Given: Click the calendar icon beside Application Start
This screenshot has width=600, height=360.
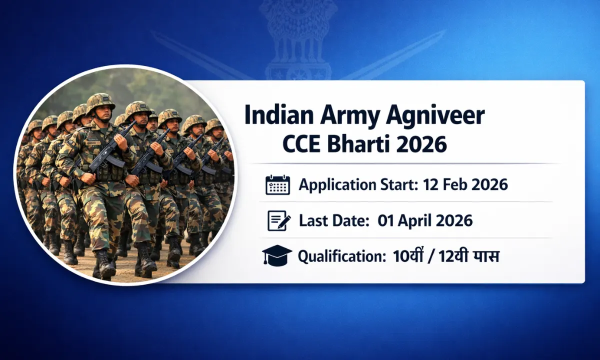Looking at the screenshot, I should coord(277,185).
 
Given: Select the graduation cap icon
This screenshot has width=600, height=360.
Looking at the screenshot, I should coord(277,256).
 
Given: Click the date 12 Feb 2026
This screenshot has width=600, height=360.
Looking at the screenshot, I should coord(465,185).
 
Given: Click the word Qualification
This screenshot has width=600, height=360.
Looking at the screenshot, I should coord(338,256).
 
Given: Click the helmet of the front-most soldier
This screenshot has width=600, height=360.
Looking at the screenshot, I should coord(100,101).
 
